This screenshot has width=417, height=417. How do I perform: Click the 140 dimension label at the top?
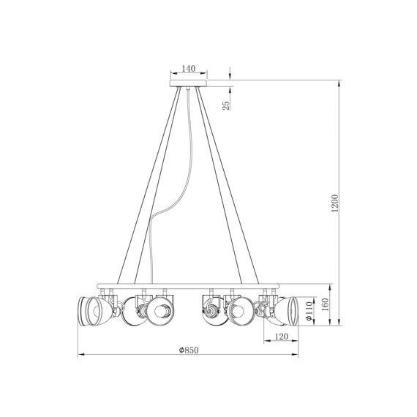coord(188,68)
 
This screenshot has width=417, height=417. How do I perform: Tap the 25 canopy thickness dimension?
coord(227,105)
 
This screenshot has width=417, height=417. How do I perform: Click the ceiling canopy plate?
coord(188,83)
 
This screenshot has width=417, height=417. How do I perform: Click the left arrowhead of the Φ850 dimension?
coord(80,355)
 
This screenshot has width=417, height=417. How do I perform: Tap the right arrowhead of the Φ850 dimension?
coord(296,355)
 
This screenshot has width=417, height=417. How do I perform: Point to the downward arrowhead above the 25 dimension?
coord(230,77)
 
